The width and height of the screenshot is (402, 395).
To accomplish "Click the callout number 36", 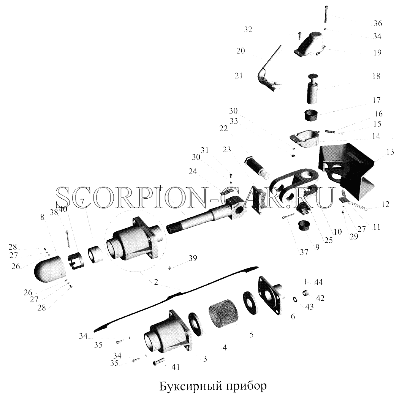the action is (x=378, y=23).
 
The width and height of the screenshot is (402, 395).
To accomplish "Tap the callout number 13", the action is (x=390, y=152).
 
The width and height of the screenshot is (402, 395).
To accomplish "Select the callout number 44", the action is (x=318, y=282).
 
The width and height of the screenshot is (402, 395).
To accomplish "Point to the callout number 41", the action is (x=176, y=367).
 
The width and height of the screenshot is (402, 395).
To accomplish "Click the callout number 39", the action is (x=193, y=258).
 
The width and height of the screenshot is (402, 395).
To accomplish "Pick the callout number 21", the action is (x=239, y=76).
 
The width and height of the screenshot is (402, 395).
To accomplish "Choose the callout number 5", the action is (x=252, y=335).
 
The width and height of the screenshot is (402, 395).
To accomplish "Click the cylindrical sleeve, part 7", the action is (x=95, y=254).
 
